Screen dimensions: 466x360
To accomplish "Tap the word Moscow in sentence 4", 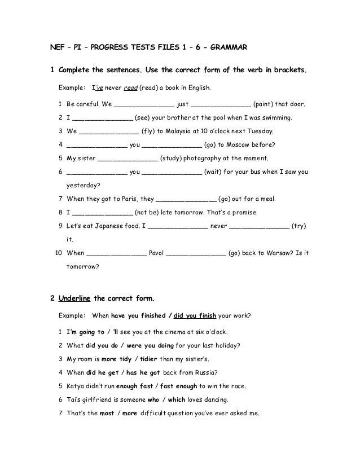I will (x=243, y=144).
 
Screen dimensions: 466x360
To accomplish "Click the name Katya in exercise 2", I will (x=76, y=386).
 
